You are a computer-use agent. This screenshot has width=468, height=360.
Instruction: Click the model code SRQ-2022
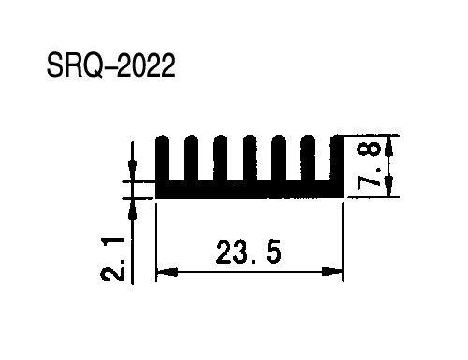[110, 65]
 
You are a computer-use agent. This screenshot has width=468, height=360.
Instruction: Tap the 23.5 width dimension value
[248, 252]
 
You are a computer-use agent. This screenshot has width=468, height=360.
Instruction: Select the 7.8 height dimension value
[370, 166]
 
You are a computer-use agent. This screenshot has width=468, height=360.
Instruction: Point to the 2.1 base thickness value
[112, 259]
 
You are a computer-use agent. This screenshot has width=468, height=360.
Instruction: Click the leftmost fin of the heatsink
[162, 158]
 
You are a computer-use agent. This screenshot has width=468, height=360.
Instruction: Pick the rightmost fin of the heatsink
[336, 158]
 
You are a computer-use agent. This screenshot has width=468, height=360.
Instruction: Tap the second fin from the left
[191, 158]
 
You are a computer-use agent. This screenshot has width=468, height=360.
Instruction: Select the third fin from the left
[221, 158]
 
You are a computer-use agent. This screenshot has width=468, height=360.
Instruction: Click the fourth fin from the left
[250, 158]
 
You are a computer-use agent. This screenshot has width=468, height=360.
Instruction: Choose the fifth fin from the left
[279, 158]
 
